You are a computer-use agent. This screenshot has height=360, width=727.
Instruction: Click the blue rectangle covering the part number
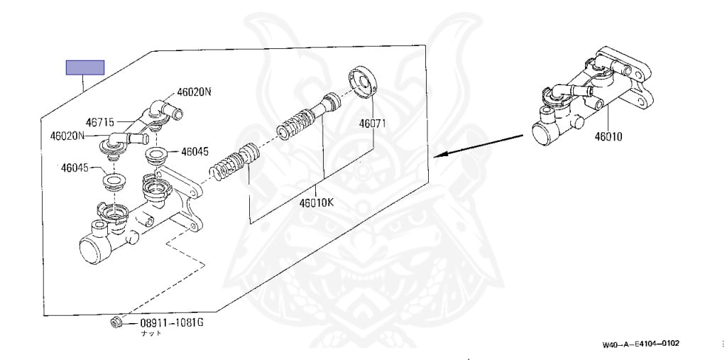[x=85, y=67]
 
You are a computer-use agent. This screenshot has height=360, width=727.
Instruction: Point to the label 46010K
[x=316, y=202]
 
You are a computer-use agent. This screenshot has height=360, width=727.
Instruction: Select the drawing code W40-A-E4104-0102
[x=641, y=344]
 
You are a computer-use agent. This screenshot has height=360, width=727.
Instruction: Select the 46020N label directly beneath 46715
[x=67, y=135]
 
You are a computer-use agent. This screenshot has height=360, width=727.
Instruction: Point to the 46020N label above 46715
[x=195, y=91]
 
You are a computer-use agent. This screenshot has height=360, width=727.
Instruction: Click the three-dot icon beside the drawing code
[x=722, y=344]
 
